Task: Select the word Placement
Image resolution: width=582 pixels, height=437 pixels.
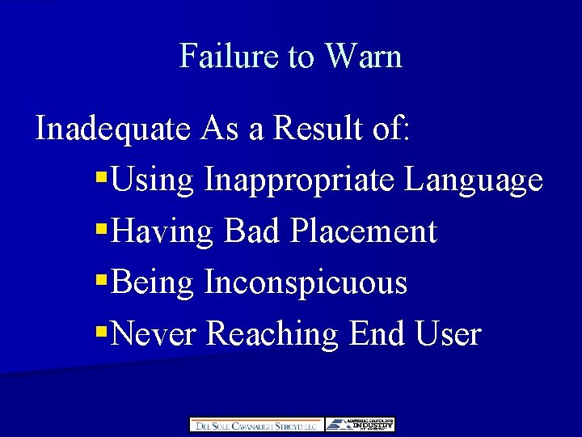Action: click(x=364, y=231)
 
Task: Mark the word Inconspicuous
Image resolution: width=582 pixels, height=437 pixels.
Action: click(x=306, y=283)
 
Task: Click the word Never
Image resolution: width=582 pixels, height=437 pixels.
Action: click(x=156, y=333)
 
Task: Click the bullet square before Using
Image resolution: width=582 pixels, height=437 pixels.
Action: click(x=101, y=176)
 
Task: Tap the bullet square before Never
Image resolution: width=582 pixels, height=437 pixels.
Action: click(x=101, y=329)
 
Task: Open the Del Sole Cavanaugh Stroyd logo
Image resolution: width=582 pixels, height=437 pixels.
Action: click(x=256, y=425)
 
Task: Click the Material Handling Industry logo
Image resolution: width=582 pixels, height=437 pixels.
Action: click(x=361, y=425)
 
